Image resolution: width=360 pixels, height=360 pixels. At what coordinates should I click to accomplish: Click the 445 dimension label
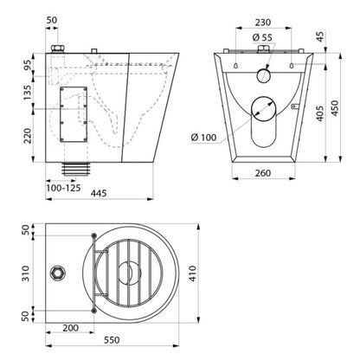pos(99,193)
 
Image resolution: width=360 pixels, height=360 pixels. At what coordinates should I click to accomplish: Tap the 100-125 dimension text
pos(63,188)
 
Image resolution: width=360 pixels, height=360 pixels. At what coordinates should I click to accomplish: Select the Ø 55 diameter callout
pos(262,37)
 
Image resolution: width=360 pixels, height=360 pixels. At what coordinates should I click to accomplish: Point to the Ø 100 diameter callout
pos(203,138)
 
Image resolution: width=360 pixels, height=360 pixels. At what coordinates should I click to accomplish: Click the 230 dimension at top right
pos(263,22)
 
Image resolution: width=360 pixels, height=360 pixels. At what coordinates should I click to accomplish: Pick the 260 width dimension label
pos(263,173)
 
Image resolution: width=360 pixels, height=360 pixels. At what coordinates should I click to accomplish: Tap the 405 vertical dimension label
pos(319,113)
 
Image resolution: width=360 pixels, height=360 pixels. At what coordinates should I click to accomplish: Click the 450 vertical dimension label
pos(335,108)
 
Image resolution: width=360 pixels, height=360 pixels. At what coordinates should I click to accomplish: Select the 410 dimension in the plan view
pos(192,273)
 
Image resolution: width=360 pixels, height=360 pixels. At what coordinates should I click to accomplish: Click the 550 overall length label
pos(112,340)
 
